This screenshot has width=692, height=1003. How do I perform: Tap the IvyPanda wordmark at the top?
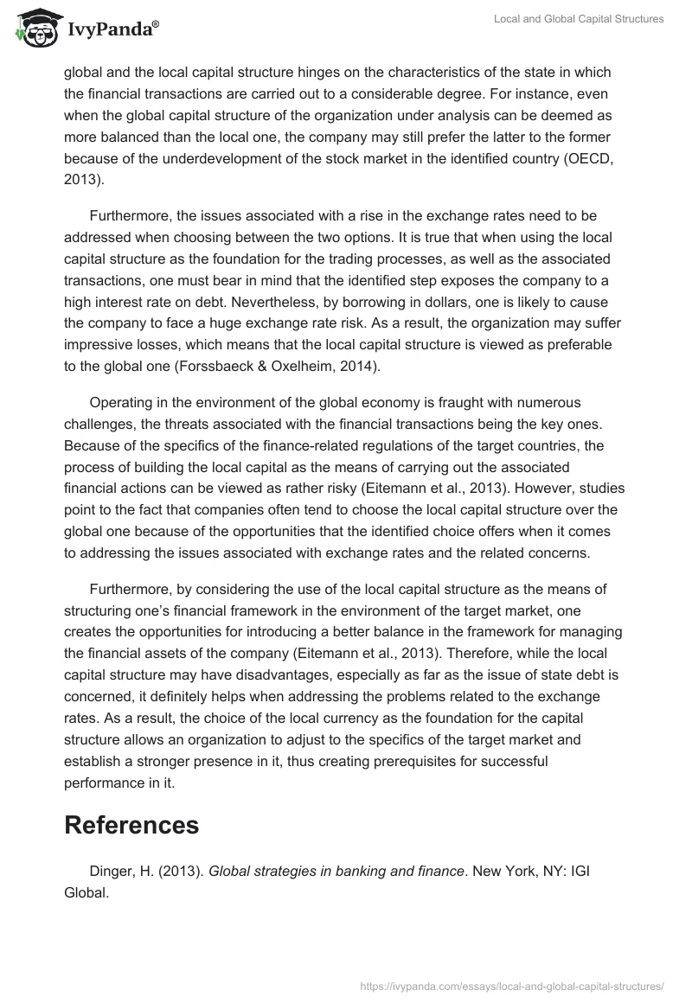pos(112,31)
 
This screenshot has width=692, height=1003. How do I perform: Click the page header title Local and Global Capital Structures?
pos(579,19)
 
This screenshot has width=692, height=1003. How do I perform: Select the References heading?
pos(131,825)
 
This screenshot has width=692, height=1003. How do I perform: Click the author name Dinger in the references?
pos(112,871)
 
